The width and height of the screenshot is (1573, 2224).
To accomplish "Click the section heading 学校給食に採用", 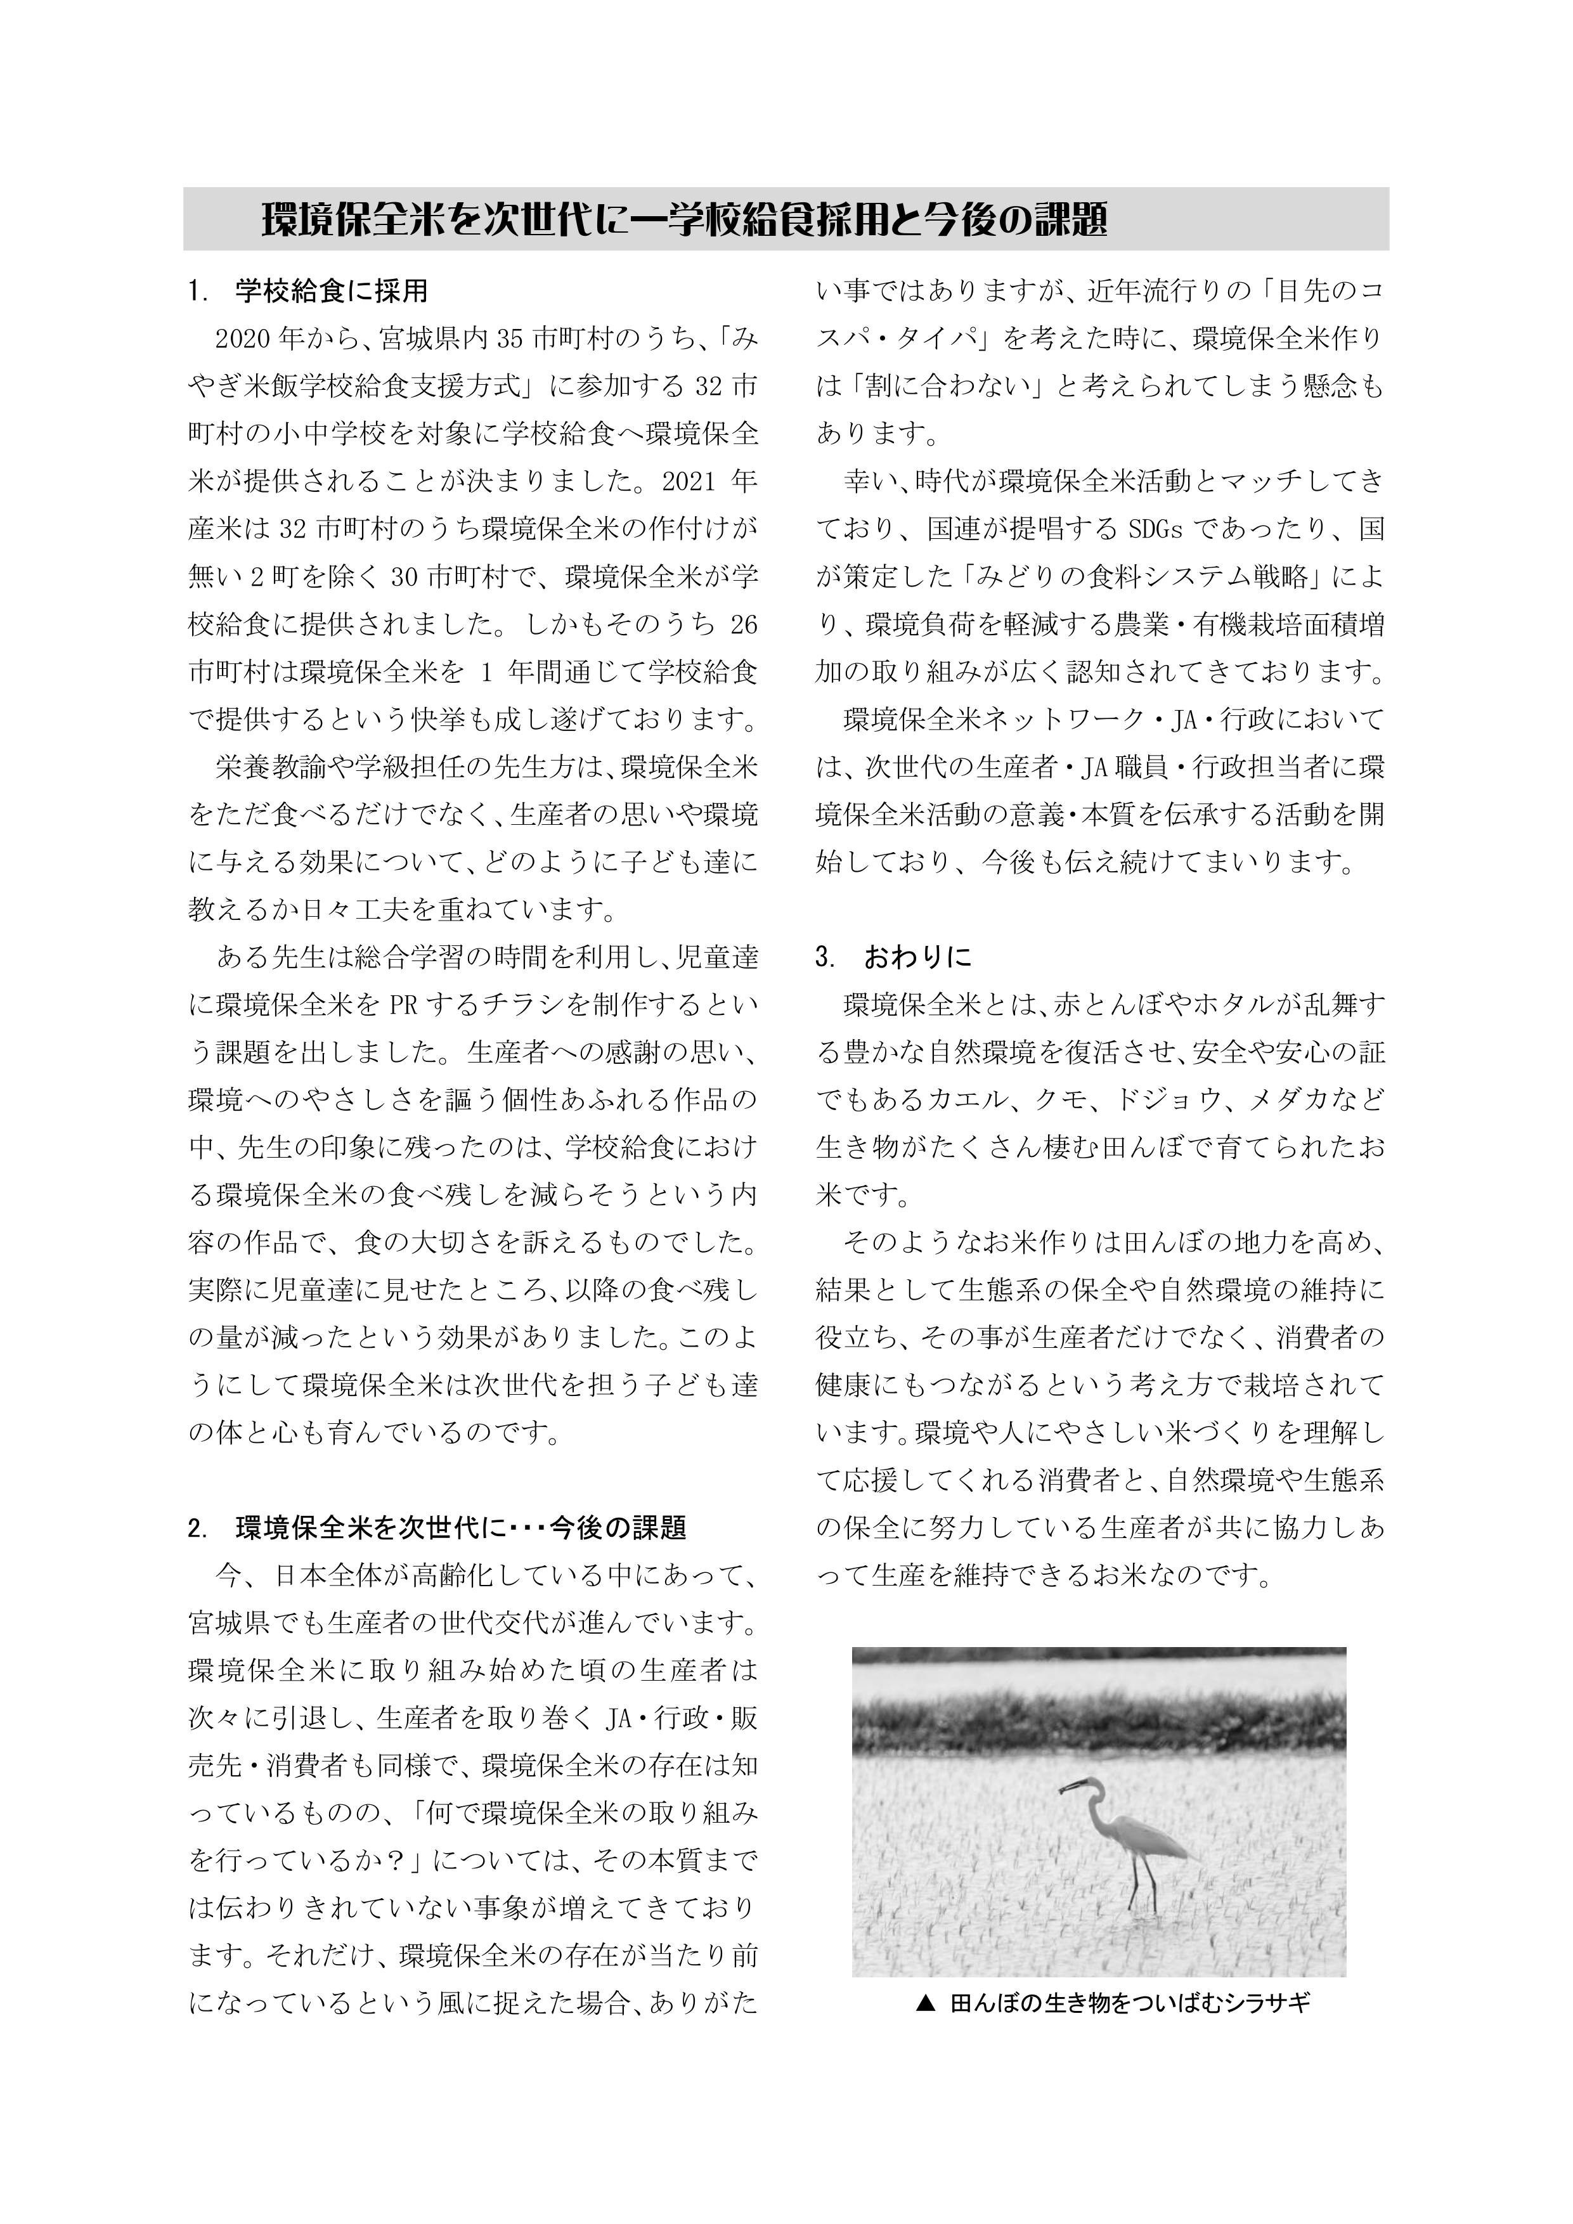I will tap(331, 290).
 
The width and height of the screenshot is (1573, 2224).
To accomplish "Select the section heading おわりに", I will tap(917, 958).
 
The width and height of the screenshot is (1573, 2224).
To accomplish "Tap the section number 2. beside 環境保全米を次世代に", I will tap(198, 1529).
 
